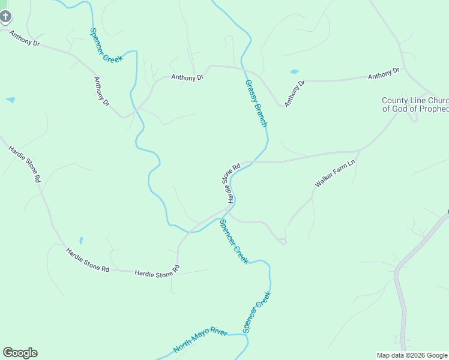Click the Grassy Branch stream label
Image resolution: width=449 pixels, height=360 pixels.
256,103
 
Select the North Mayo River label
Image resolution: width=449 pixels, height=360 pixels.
200,340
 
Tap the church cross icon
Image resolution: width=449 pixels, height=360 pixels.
5,16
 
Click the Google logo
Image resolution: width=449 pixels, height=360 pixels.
20,353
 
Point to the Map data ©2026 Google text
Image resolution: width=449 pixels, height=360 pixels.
412,355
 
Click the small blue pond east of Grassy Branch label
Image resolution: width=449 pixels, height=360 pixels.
294,72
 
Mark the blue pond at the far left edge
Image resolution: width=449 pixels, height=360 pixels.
11,100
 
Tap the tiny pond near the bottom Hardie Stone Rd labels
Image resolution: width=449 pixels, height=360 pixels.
81,241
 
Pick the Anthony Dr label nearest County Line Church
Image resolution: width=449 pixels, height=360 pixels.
384,74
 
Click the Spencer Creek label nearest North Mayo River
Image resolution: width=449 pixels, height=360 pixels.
257,312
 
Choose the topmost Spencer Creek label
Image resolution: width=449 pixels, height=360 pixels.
106,46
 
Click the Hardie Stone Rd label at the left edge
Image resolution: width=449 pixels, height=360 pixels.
25,163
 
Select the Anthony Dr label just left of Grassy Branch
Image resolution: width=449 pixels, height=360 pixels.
187,77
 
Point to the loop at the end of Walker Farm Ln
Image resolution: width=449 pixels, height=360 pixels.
282,241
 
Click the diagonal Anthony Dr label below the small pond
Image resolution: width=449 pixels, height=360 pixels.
295,94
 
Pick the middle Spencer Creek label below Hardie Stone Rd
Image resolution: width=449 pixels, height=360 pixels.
234,242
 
